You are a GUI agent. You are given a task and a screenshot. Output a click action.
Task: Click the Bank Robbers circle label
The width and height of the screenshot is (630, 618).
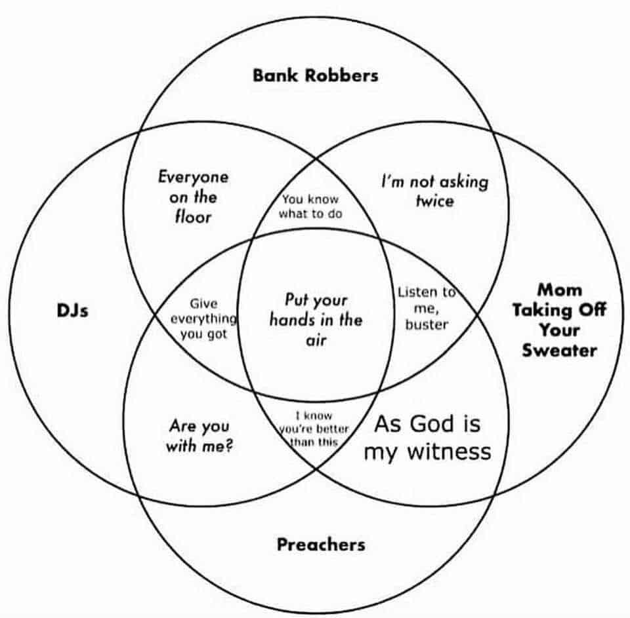click(315, 75)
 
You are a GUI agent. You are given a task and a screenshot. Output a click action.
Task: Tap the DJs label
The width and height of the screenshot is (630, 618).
click(72, 310)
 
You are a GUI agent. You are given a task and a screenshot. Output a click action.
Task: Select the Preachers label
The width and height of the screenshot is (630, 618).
click(320, 544)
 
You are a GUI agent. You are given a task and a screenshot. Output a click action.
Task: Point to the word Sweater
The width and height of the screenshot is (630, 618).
click(559, 351)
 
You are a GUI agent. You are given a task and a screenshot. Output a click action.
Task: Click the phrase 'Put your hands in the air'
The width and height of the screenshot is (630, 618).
click(316, 320)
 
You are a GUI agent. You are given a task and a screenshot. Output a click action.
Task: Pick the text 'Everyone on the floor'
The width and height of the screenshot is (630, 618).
click(193, 197)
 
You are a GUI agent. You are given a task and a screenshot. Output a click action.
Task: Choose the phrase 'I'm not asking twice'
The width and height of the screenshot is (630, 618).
click(434, 190)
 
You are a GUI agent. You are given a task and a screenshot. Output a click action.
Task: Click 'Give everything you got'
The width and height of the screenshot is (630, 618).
click(203, 319)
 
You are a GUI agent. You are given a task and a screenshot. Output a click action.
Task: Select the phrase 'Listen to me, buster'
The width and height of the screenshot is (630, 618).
click(426, 307)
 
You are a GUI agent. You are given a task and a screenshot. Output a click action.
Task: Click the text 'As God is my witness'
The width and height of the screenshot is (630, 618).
click(427, 437)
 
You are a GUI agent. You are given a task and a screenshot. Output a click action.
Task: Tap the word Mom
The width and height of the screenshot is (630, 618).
click(559, 290)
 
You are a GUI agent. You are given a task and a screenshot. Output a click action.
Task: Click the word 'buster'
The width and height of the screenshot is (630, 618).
click(426, 324)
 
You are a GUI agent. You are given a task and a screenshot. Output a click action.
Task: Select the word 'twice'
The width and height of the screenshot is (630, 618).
click(434, 200)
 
